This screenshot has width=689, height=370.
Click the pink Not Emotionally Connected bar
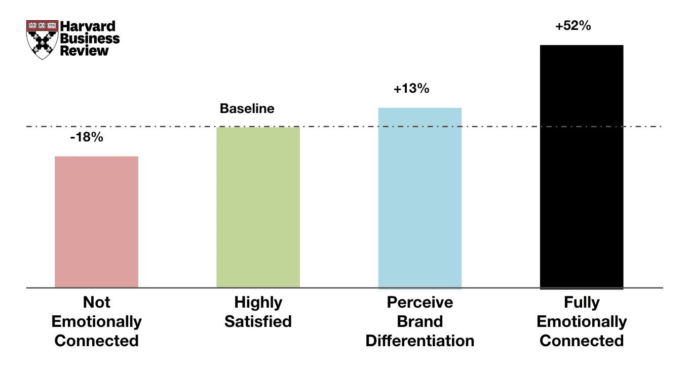pos(96,222)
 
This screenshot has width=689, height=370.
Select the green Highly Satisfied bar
pos(258,207)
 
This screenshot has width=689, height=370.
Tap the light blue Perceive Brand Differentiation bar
pos(420,198)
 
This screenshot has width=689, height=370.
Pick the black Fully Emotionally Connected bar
pos(582,166)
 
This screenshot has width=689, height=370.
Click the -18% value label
pos(86,136)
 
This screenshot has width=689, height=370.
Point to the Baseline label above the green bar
pos(247,108)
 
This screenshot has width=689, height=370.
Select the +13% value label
pos(411,89)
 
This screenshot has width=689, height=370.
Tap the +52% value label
pos(572,26)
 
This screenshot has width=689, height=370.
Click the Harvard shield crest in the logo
pos(42,40)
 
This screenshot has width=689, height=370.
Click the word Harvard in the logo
pos(88,26)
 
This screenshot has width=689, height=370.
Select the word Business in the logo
pos(90,39)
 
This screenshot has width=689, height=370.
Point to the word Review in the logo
pos(84,51)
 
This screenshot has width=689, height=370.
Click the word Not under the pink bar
pos(96,303)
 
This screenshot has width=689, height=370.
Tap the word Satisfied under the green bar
pos(258,322)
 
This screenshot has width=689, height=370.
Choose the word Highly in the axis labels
pos(258,303)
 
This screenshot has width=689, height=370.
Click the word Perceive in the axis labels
pos(420,303)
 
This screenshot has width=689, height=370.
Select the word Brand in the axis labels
pos(420,322)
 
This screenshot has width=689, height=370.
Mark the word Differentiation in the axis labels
pos(420,341)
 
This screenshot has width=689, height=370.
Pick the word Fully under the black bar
pos(582,303)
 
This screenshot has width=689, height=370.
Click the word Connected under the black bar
pos(582,341)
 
